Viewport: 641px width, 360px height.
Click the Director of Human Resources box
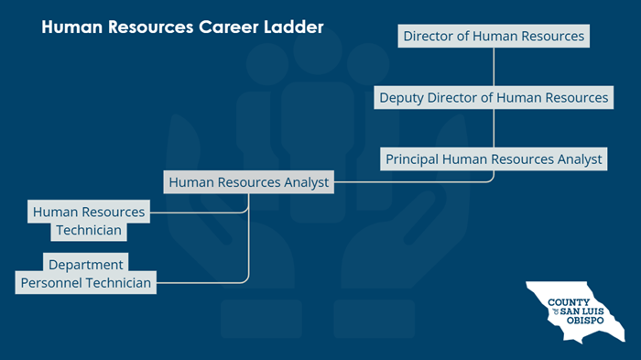pyautogui.click(x=494, y=37)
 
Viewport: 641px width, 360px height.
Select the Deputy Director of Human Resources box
pyautogui.click(x=494, y=97)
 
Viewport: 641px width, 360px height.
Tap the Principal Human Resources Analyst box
pyautogui.click(x=494, y=158)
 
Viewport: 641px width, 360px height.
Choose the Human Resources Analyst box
pyautogui.click(x=249, y=182)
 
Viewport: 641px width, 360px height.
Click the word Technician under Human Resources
pyautogui.click(x=89, y=230)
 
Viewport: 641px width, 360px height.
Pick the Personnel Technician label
pyautogui.click(x=86, y=282)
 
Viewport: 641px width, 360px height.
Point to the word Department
pyautogui.click(x=86, y=265)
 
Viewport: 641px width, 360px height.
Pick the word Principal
pyautogui.click(x=412, y=158)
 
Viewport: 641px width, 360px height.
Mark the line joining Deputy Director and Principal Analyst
pyautogui.click(x=494, y=128)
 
